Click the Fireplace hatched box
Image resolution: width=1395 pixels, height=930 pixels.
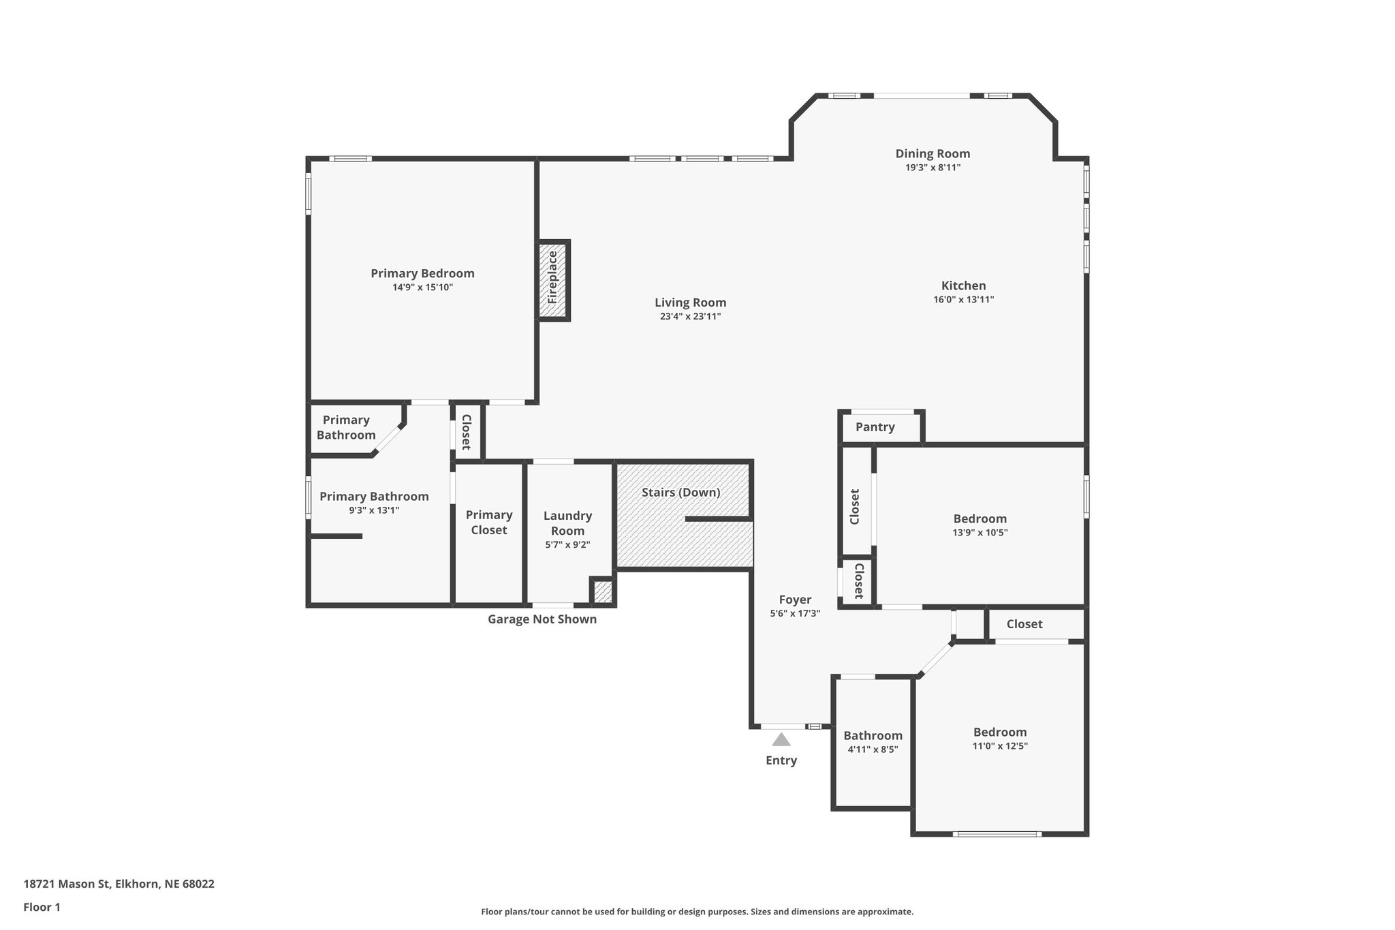553,280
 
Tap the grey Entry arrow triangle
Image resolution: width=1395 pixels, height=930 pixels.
781,740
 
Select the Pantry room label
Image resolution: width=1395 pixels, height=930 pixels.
875,427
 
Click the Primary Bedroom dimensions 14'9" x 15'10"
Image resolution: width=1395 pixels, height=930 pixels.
422,288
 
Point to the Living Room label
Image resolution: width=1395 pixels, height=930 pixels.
690,303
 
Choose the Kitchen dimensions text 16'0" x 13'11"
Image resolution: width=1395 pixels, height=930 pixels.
963,299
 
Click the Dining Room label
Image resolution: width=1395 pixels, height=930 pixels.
932,154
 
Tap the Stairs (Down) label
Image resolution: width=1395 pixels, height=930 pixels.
680,492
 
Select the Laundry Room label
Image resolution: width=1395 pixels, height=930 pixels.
567,523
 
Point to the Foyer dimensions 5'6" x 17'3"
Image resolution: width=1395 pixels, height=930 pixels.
795,613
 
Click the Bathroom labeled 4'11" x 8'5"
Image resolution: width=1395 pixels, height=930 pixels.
873,742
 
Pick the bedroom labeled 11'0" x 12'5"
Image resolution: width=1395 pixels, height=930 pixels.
999,739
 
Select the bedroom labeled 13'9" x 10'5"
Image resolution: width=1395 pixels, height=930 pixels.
979,525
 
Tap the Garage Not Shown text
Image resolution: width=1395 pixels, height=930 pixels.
542,619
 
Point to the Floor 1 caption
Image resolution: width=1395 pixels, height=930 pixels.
42,908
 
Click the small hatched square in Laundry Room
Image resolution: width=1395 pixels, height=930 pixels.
603,592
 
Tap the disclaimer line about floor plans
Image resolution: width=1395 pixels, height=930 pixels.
697,912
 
